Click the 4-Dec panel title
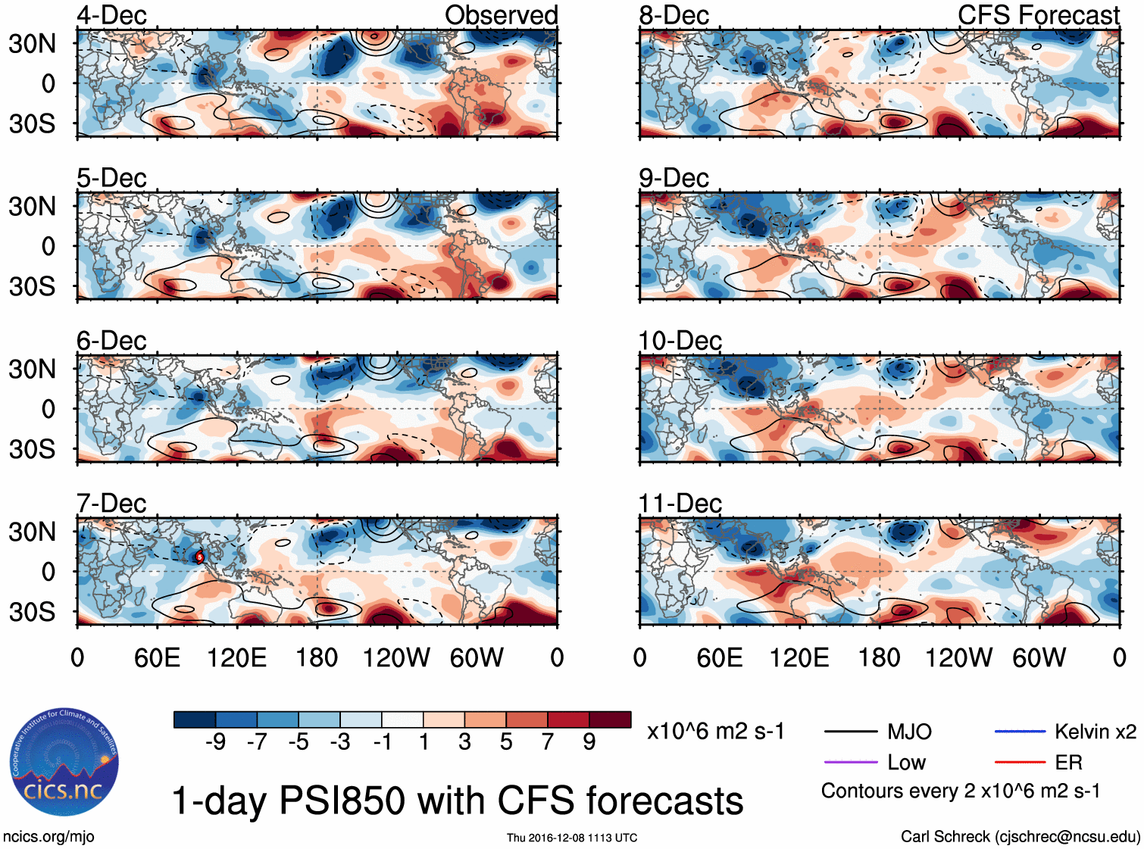111,15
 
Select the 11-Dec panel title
680,504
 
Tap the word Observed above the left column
501,15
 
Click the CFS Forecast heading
1038,15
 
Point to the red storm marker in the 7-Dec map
200,557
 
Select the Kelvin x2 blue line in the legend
1020,732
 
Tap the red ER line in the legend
1020,762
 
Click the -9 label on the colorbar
215,741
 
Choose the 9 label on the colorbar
589,741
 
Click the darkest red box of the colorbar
610,719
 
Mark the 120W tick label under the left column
396,657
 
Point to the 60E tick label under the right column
720,657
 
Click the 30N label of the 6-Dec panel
33,370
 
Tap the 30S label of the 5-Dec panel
33,286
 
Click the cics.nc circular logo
64,763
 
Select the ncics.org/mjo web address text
48,836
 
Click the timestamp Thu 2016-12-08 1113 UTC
572,838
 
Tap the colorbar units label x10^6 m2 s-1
715,732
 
